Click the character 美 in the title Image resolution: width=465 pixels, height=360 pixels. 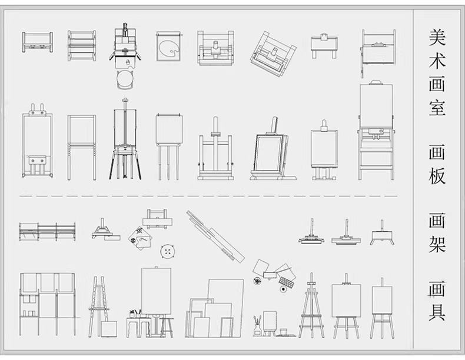[437, 37]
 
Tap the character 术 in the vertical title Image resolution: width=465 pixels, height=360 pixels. [437, 61]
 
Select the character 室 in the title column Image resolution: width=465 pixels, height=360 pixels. [437, 107]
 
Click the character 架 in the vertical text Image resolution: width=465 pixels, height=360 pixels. [437, 245]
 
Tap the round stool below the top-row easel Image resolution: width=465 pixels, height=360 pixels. [125, 79]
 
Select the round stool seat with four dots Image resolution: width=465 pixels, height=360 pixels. [168, 252]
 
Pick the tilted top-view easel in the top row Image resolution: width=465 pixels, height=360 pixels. [273, 54]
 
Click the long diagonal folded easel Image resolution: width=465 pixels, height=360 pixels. [215, 236]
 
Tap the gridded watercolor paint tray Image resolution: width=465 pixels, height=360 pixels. [287, 282]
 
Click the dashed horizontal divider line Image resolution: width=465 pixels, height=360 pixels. [208, 196]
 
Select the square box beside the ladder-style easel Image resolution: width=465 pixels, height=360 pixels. [109, 329]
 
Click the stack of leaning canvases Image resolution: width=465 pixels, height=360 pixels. [214, 308]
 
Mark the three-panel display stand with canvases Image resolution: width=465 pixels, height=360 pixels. [48, 304]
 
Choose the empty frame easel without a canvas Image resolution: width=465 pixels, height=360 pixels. [82, 147]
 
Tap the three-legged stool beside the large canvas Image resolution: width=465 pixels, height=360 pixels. [167, 328]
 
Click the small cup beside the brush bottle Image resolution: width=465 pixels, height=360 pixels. [284, 331]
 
